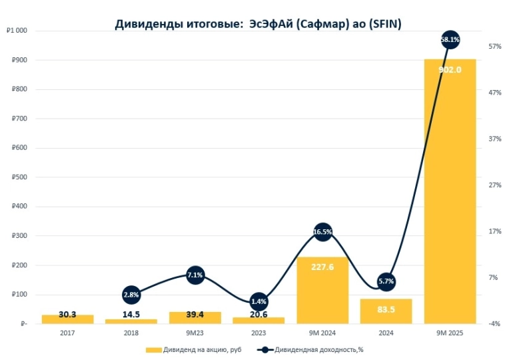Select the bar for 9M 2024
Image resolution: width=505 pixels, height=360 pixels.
[x=322, y=290]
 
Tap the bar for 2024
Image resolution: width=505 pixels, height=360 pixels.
[x=386, y=311]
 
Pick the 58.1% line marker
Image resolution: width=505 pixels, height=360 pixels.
[x=450, y=40]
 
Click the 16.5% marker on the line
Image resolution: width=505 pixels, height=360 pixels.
[x=322, y=232]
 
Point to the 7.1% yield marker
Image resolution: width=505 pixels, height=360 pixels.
[x=195, y=275]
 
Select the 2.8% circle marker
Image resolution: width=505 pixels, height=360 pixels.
[x=131, y=295]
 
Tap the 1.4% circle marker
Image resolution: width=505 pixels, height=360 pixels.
[x=258, y=301]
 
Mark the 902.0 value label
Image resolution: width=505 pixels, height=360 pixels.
[x=450, y=69]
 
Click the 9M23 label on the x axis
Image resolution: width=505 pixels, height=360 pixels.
[x=195, y=333]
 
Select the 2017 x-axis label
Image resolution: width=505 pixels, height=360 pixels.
[x=67, y=333]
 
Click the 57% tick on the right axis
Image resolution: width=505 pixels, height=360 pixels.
[x=494, y=46]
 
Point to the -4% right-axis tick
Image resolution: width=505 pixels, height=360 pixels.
[x=494, y=324]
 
